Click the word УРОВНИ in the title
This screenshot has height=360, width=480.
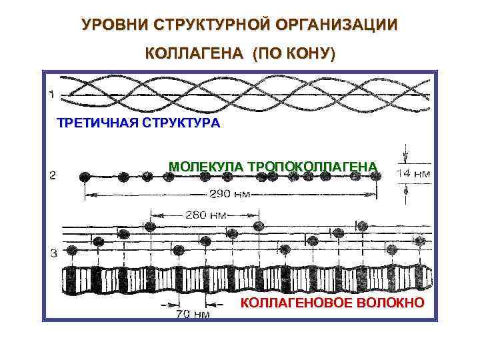coord(113,26)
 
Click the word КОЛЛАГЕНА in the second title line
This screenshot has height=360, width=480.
coord(193,54)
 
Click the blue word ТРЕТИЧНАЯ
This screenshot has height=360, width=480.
coord(95,123)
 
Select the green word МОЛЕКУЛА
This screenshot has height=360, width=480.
coord(206,166)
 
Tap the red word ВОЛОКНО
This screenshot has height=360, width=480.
coord(393,303)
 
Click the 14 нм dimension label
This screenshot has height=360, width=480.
coord(413,173)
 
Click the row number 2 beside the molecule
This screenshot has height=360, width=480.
coord(52,176)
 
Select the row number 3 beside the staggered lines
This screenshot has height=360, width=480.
coord(52,252)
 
